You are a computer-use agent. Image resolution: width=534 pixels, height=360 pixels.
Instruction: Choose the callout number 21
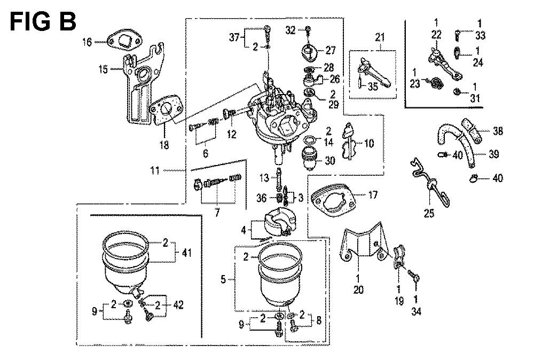point(380,37)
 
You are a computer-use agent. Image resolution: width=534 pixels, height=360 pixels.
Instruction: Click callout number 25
point(429,214)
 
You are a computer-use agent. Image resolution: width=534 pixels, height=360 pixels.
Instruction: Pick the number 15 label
point(103,69)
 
